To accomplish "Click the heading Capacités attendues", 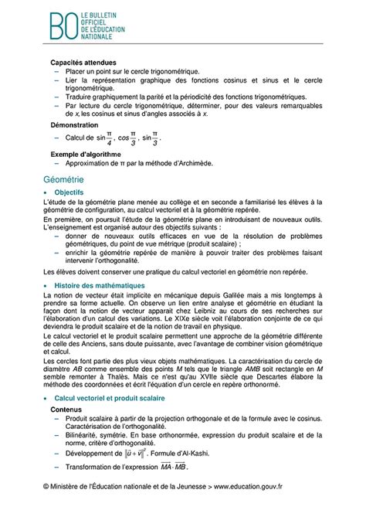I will pyautogui.click(x=83, y=62).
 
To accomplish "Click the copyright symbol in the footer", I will pyautogui.click(x=48, y=506).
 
